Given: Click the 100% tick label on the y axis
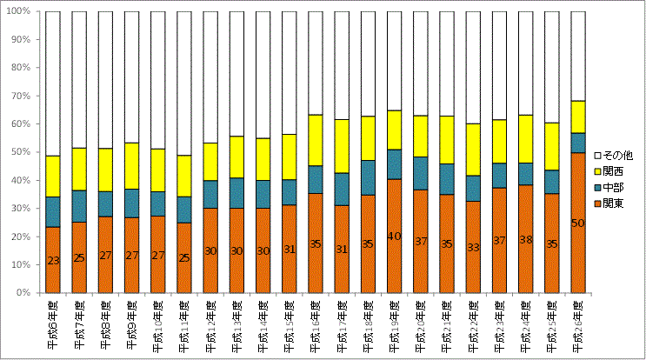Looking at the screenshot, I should pos(19,12).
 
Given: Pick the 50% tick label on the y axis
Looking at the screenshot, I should pos(22,152).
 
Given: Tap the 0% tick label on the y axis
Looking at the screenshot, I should pos(24,293).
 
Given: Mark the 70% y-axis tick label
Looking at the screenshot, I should pos(22,97).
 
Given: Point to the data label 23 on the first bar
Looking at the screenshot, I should pos(53,260).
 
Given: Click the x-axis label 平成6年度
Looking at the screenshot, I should pos(54,323).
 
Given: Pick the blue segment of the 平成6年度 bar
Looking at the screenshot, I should pos(53,211).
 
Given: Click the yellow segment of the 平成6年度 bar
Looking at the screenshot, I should pos(53,177).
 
